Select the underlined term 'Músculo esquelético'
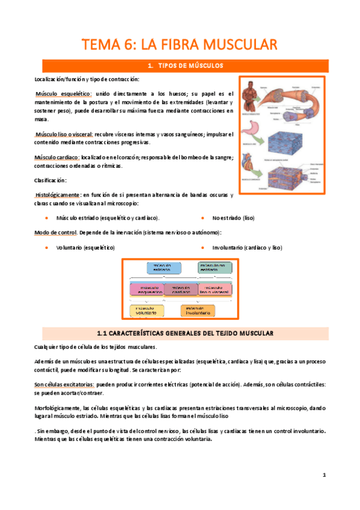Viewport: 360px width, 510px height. pyautogui.click(x=64, y=94)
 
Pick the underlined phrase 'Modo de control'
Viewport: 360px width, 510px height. pyautogui.click(x=55, y=232)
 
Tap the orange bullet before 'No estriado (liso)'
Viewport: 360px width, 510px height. pyautogui.click(x=203, y=217)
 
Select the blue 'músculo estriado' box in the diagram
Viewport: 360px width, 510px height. pyautogui.click(x=162, y=268)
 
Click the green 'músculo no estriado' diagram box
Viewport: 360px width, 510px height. pyautogui.click(x=215, y=268)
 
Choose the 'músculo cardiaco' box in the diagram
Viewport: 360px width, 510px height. pyautogui.click(x=180, y=289)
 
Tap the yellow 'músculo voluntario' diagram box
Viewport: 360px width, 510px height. pyautogui.click(x=146, y=311)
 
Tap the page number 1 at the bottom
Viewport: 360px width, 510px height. pyautogui.click(x=324, y=475)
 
